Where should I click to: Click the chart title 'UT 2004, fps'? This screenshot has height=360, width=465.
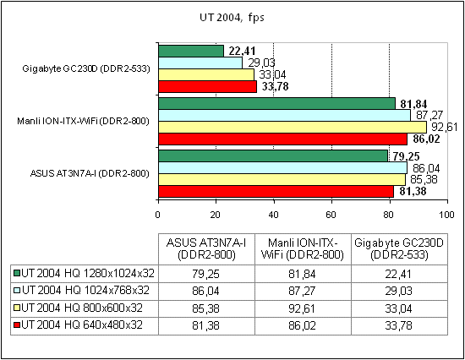point(232,16)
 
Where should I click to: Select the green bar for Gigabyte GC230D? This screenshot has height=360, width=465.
point(191,51)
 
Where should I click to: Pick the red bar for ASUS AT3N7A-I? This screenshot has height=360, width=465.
point(276,191)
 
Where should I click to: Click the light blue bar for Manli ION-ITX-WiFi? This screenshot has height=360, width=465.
point(284,115)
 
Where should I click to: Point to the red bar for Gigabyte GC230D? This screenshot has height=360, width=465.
point(207,85)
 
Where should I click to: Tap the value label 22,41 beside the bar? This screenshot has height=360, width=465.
point(240,51)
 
